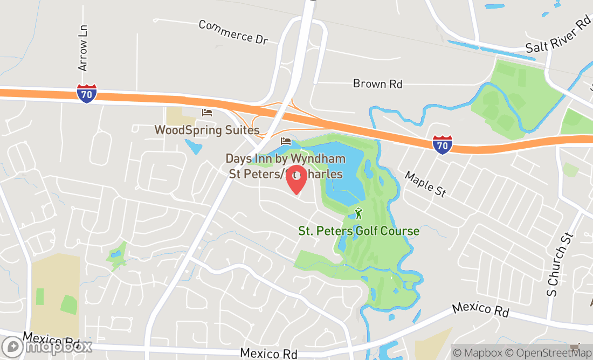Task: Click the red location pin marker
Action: pyautogui.click(x=296, y=181)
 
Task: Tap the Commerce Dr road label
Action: pyautogui.click(x=233, y=32)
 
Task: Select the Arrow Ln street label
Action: pyautogui.click(x=82, y=48)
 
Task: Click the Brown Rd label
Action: pyautogui.click(x=377, y=84)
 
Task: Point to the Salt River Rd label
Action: pyautogui.click(x=558, y=37)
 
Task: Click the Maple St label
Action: pyautogui.click(x=425, y=184)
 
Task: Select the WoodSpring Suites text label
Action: pyautogui.click(x=207, y=130)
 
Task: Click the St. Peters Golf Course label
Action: pyautogui.click(x=358, y=231)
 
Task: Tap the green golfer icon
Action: pyautogui.click(x=358, y=213)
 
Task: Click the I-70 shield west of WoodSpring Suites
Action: pyautogui.click(x=87, y=93)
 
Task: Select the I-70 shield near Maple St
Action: pyautogui.click(x=442, y=144)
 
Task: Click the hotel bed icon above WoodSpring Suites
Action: pyautogui.click(x=207, y=113)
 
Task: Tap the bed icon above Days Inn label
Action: pyautogui.click(x=286, y=141)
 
